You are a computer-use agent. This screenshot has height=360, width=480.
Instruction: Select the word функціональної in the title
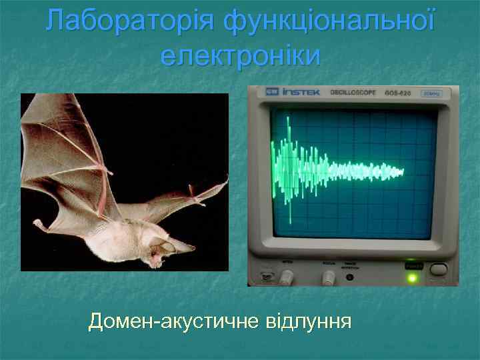(x=330, y=21)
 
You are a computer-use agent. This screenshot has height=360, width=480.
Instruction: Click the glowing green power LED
(x=412, y=277)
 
